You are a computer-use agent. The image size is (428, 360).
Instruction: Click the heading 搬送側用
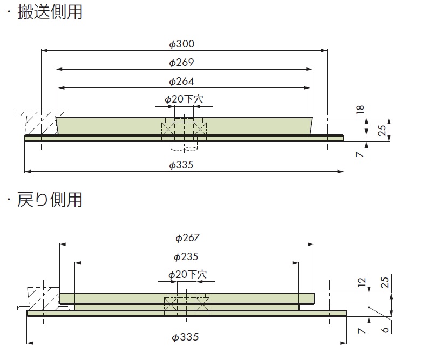point(50,11)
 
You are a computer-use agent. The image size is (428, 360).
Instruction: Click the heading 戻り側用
point(50,199)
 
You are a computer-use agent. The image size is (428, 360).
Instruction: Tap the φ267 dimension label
point(187,237)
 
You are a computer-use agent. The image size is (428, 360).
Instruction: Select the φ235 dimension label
point(187,257)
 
